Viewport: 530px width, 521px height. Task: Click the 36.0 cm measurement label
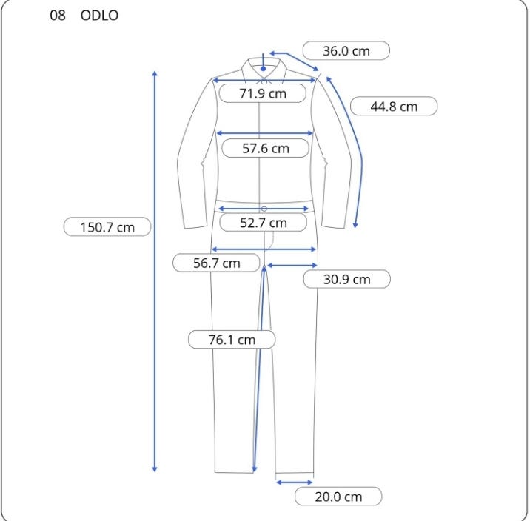point(346,51)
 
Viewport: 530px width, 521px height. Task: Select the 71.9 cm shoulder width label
point(263,93)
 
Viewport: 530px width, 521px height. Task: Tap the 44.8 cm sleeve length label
point(394,107)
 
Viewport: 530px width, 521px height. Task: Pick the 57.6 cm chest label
point(265,148)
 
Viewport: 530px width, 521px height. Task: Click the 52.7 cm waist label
point(264,223)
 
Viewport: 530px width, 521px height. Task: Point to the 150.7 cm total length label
point(107,227)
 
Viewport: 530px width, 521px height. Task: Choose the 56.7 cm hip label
point(216,263)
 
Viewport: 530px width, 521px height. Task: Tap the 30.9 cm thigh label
point(347,279)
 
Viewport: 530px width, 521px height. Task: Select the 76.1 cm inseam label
point(232,340)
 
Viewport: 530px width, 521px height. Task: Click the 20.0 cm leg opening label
point(338,497)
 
